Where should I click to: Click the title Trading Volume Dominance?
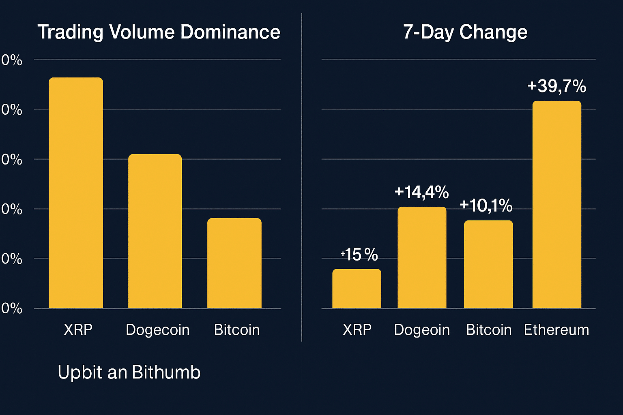point(159,32)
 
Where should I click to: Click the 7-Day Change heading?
point(465,32)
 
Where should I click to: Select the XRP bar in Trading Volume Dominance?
point(76,193)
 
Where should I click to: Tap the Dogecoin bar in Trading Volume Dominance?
point(155,231)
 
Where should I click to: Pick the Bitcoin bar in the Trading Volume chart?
point(234,263)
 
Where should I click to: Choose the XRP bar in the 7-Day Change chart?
point(357,289)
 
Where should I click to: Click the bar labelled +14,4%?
point(422,257)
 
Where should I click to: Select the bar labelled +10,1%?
point(488,264)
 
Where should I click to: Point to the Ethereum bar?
point(556,205)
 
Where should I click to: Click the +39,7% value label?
point(556,86)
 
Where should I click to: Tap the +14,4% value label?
point(421,192)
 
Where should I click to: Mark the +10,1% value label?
point(486,206)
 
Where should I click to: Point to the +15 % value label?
point(359,255)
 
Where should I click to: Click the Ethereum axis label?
point(556,330)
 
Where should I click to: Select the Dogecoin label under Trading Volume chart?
point(158,330)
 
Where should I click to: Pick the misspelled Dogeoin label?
point(422,330)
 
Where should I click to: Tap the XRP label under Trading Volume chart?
point(78,329)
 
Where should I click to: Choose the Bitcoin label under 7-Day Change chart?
point(489,330)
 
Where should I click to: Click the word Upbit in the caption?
point(80,372)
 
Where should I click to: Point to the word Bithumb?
point(166,372)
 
